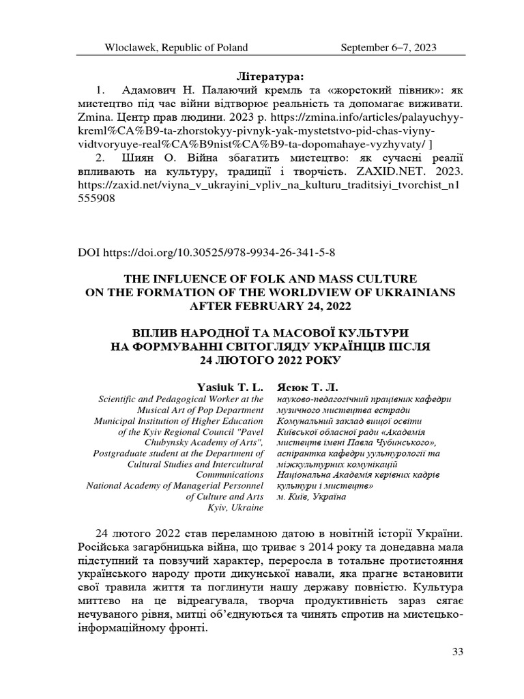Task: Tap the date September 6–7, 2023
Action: coord(388,47)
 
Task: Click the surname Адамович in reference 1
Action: coord(149,90)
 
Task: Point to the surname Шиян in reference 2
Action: coord(141,156)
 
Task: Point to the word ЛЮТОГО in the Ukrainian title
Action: coord(241,359)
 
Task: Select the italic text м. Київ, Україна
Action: coord(311,496)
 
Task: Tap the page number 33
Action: coord(458,652)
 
